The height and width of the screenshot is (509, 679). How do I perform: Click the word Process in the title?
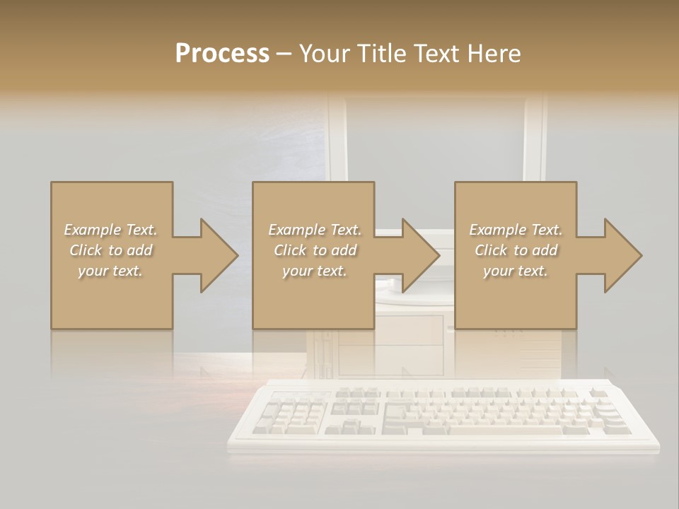click(x=222, y=54)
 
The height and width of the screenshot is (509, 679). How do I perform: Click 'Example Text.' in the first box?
click(x=111, y=230)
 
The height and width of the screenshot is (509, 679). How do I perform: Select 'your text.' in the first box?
click(x=111, y=271)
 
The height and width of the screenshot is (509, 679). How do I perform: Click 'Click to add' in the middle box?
click(x=315, y=250)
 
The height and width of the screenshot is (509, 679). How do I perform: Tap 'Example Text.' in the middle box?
click(x=315, y=230)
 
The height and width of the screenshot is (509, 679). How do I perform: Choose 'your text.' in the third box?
click(x=516, y=271)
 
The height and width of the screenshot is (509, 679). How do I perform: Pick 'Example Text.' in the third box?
click(x=516, y=230)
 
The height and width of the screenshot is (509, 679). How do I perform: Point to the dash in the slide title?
click(x=284, y=54)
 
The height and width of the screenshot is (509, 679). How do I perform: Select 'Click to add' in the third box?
click(x=516, y=250)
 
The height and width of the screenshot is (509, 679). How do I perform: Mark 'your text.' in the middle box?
click(x=315, y=271)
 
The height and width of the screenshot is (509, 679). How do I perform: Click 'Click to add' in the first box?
click(x=111, y=250)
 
